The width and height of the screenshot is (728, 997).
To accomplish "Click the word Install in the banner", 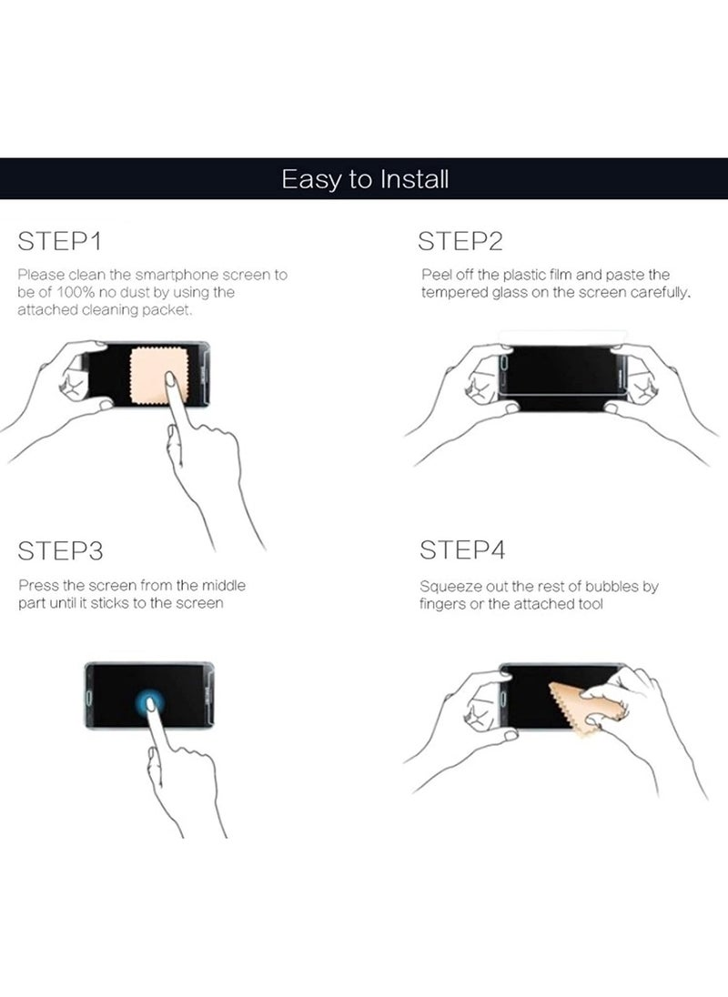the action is click(415, 179).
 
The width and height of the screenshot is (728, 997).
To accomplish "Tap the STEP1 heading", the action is click(60, 242).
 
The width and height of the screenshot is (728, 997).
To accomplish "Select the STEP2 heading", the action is click(460, 242).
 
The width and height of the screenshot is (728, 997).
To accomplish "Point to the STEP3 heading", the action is click(60, 551).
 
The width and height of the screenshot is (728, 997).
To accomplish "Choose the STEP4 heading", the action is click(462, 550).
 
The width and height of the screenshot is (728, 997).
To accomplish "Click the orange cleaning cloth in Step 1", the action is click(159, 375).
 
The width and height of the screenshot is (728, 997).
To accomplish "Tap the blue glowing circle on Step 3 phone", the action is click(150, 703).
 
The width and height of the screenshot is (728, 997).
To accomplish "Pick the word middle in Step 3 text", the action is click(223, 585).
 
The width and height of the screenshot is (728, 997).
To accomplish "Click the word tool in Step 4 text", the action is click(590, 604).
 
